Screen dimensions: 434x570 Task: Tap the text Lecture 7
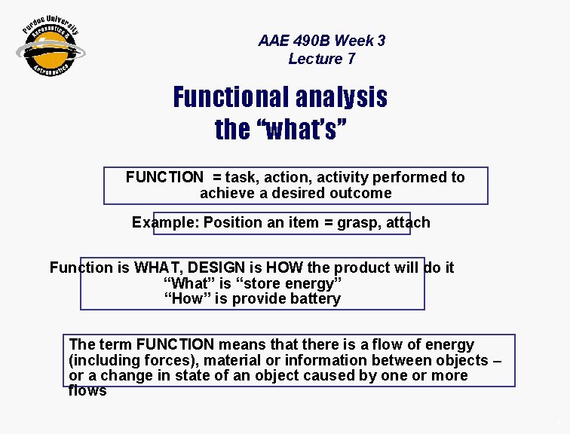point(321,59)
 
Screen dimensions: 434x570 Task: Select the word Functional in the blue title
point(231,97)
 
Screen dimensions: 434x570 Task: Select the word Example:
point(165,222)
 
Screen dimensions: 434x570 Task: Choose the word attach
point(409,222)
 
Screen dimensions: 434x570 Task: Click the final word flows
point(87,390)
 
